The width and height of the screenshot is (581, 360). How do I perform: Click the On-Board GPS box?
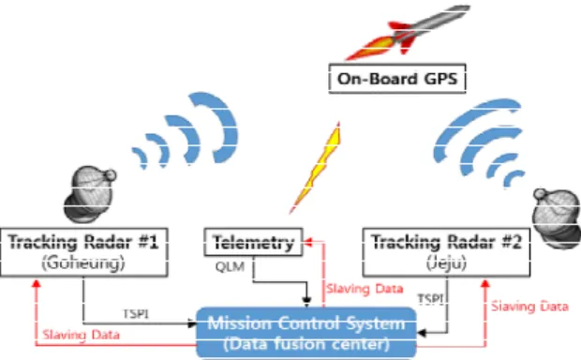(x=397, y=78)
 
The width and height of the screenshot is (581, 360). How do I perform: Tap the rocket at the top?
(x=408, y=32)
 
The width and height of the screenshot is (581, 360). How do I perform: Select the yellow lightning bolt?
(x=315, y=168)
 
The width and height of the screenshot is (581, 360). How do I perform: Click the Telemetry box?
(x=253, y=242)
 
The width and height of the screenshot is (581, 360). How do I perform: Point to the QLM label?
(x=230, y=266)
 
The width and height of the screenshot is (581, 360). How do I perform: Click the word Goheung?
(x=83, y=262)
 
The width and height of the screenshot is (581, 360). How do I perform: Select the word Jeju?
(x=446, y=262)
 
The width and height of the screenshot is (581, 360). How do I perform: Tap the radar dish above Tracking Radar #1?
(x=89, y=194)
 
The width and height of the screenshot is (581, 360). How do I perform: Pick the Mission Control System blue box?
(x=306, y=333)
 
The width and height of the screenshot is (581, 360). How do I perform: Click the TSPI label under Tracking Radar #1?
(x=136, y=314)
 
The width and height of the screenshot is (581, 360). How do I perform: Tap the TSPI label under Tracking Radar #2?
(x=430, y=299)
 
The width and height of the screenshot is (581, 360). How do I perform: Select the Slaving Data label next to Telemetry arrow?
(x=365, y=289)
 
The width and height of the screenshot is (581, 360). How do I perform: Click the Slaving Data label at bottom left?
(x=82, y=335)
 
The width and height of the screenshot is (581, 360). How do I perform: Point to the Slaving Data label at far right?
(x=529, y=307)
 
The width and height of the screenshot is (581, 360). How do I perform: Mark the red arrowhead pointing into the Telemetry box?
(x=307, y=242)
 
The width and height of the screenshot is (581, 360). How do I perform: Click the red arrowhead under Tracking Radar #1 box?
(x=36, y=284)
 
